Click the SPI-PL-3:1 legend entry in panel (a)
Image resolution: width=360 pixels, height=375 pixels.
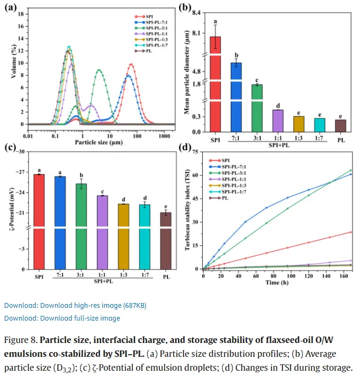tap(151, 28)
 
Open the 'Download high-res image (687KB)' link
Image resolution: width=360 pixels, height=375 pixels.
tap(75, 305)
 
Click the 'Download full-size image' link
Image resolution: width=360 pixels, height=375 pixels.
tap(62, 318)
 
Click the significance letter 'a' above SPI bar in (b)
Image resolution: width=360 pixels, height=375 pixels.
tap(215, 22)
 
